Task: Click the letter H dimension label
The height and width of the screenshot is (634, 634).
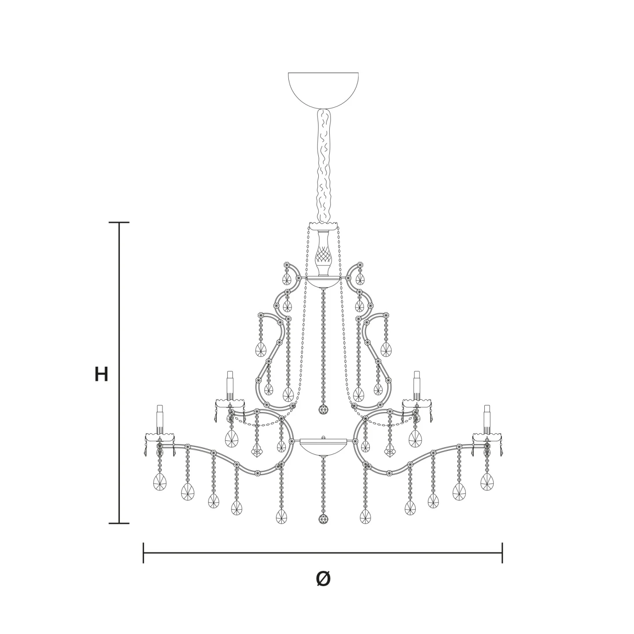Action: pyautogui.click(x=101, y=374)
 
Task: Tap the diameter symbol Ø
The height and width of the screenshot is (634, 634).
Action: pyautogui.click(x=323, y=587)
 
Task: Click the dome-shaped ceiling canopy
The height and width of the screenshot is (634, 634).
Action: pyautogui.click(x=323, y=91)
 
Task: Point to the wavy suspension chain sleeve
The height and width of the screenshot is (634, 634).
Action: pyautogui.click(x=324, y=166)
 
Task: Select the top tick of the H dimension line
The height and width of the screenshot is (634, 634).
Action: pyautogui.click(x=119, y=222)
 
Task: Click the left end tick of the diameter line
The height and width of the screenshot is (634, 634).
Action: pyautogui.click(x=144, y=553)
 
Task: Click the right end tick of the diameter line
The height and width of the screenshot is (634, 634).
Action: pyautogui.click(x=502, y=553)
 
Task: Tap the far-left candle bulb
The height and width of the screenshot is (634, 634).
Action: pyautogui.click(x=160, y=420)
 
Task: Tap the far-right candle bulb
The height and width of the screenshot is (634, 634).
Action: pyautogui.click(x=487, y=420)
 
